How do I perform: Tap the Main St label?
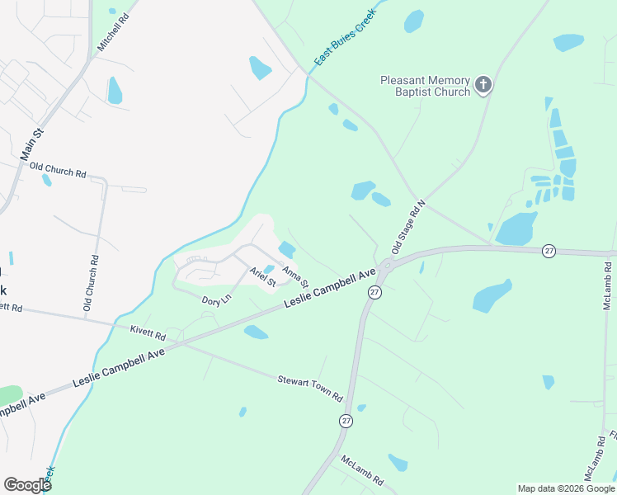(31, 141)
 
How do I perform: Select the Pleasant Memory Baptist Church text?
(425, 86)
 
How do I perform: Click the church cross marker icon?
(483, 84)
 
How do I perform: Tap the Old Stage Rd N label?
(408, 226)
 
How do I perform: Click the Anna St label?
(295, 276)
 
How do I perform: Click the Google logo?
(27, 484)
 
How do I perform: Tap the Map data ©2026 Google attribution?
(565, 488)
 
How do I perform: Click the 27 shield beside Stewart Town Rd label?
(346, 421)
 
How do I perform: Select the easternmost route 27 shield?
(549, 251)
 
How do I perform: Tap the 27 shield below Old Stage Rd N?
(374, 292)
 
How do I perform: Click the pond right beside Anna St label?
(287, 248)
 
